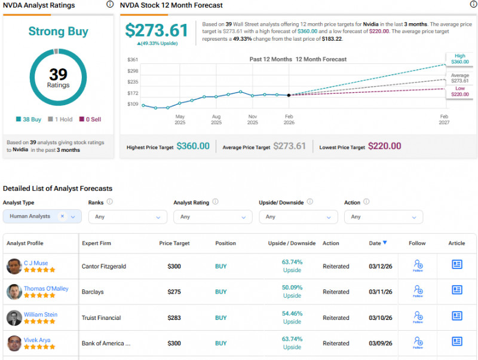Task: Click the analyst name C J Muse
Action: click(x=36, y=263)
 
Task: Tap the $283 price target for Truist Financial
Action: click(x=174, y=318)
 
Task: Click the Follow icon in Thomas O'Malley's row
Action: click(x=418, y=291)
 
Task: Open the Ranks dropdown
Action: click(x=128, y=216)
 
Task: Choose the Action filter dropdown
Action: click(x=383, y=216)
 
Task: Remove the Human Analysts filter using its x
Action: click(x=62, y=216)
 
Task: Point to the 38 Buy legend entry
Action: click(x=29, y=120)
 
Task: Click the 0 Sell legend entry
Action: click(x=90, y=120)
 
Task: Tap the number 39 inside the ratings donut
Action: click(x=58, y=74)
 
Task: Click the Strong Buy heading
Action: click(x=58, y=32)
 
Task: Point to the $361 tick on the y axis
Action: click(x=133, y=60)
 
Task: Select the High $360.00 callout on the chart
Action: click(x=459, y=59)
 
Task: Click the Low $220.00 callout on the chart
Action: click(x=459, y=91)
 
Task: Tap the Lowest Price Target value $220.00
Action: click(x=384, y=146)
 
